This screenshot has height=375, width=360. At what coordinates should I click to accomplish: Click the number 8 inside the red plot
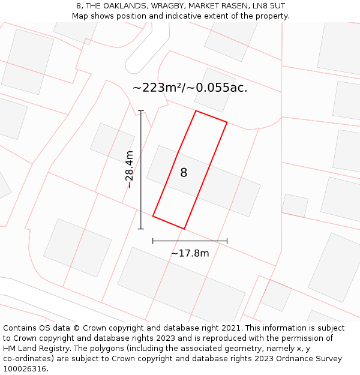pos(184,173)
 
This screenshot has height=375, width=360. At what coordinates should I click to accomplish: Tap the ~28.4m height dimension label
pos(130,170)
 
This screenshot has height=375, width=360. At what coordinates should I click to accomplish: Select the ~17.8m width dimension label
pos(190,253)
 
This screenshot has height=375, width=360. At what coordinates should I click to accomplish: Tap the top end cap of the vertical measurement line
pos(141,111)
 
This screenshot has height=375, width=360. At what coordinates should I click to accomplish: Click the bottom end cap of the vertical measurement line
pos(141,229)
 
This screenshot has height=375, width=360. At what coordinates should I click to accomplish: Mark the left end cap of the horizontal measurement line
pos(153,241)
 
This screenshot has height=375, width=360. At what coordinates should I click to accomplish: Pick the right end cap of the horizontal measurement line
pos(227,241)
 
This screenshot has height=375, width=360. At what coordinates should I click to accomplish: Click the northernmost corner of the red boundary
pos(196,110)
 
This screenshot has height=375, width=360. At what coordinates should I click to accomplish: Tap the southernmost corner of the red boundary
pos(184,229)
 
